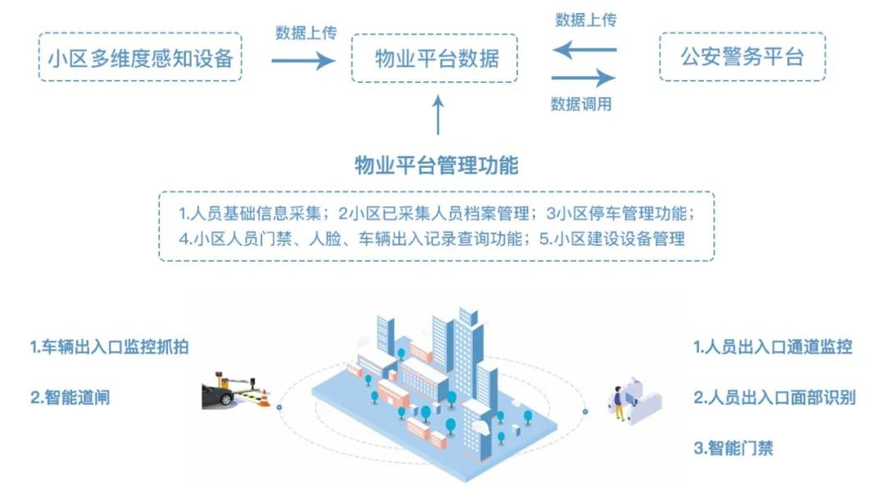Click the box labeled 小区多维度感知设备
click(x=140, y=57)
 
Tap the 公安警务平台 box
click(x=742, y=57)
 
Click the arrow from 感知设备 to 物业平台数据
click(x=302, y=60)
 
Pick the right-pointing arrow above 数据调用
click(x=583, y=79)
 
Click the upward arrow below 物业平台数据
click(x=438, y=115)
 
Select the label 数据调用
click(x=581, y=104)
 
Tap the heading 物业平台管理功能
click(x=436, y=165)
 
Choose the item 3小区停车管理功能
click(x=624, y=215)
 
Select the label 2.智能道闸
click(x=70, y=397)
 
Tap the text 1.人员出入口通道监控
click(x=773, y=347)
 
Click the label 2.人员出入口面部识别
click(x=774, y=398)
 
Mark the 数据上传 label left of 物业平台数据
click(x=302, y=33)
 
